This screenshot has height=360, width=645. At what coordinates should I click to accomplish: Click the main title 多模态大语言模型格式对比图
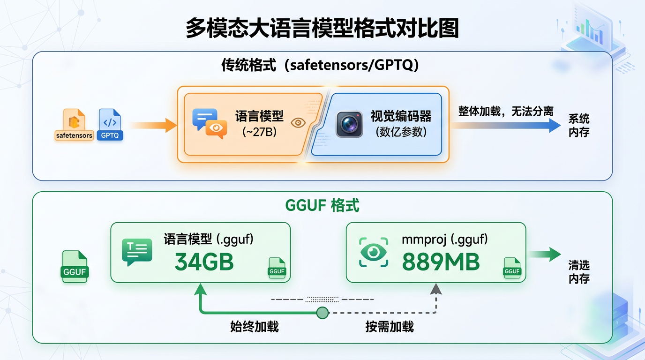click(x=322, y=28)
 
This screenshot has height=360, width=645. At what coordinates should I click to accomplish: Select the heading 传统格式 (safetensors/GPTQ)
click(x=320, y=65)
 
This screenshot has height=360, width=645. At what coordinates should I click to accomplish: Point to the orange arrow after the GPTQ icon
click(x=153, y=125)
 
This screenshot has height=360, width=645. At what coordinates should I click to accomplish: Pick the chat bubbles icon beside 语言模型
click(x=210, y=124)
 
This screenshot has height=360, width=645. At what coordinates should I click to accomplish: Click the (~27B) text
click(x=259, y=132)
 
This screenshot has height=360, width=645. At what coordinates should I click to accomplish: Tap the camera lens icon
click(x=349, y=124)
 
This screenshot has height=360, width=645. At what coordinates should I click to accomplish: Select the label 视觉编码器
click(x=401, y=116)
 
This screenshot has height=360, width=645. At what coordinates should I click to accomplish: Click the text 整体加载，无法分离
click(x=506, y=111)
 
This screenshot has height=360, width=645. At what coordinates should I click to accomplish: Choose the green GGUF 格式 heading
click(x=322, y=205)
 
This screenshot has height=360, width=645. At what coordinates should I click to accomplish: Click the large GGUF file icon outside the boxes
click(x=75, y=266)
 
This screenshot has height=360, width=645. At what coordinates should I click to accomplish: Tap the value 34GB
click(x=204, y=262)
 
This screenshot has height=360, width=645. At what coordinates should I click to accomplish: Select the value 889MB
click(x=441, y=262)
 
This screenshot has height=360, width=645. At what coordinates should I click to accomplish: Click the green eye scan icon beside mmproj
click(x=374, y=252)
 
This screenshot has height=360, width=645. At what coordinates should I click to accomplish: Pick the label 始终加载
click(x=255, y=326)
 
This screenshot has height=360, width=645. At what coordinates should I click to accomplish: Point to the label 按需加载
click(x=390, y=326)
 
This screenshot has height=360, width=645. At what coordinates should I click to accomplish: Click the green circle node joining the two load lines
click(x=322, y=313)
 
